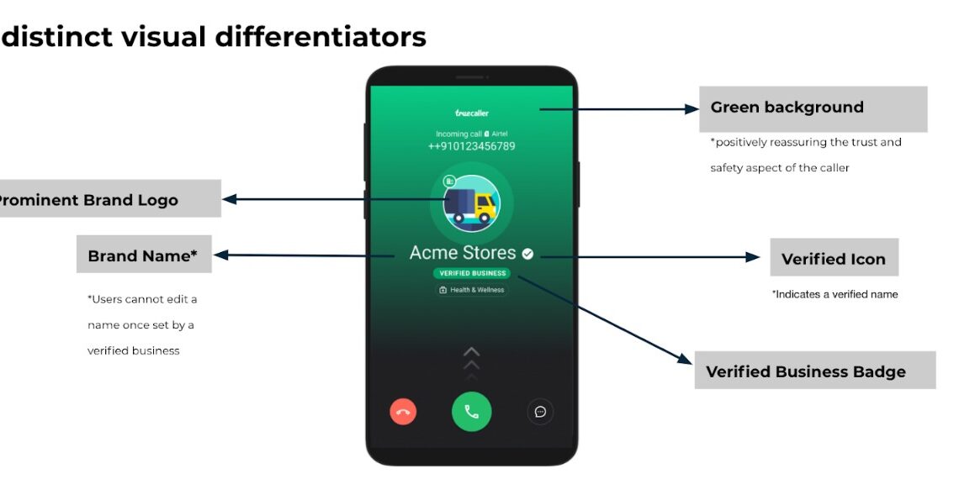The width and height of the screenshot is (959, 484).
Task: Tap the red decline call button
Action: click(403, 412)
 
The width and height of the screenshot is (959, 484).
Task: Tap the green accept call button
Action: click(471, 412)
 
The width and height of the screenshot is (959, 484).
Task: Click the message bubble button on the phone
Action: click(540, 412)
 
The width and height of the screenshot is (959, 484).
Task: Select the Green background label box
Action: click(813, 108)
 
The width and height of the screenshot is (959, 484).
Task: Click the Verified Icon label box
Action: click(834, 258)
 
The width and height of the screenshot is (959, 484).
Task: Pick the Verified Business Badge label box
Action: click(814, 371)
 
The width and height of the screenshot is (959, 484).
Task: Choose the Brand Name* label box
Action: click(144, 255)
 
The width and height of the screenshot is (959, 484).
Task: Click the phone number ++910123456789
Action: click(471, 146)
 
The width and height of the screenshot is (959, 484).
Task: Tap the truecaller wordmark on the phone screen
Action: click(472, 112)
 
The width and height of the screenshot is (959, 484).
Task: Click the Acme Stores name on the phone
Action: click(463, 253)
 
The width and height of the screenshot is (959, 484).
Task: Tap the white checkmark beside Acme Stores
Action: click(527, 254)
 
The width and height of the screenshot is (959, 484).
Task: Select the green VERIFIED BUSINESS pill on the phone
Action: click(472, 273)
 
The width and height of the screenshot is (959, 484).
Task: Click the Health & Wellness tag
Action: click(472, 290)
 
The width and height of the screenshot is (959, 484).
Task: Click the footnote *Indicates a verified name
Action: click(834, 295)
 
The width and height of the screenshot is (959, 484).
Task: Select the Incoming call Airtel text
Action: click(471, 134)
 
